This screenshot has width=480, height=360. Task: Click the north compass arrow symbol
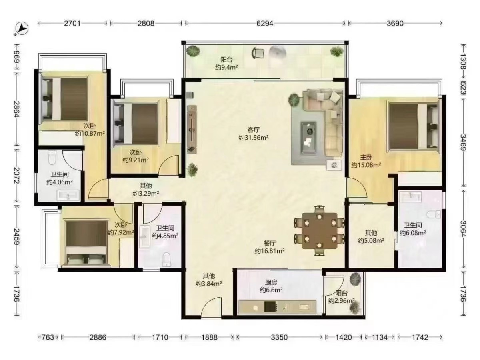tap(22, 29)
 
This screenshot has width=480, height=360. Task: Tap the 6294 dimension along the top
tap(265, 23)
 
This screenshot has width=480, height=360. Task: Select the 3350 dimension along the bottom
tap(279, 337)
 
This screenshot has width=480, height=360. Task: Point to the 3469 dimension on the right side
tap(463, 142)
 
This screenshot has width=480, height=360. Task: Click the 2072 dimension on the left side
tap(17, 175)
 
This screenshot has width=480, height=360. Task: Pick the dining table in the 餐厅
tap(320, 231)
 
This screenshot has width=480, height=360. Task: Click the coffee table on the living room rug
tap(309, 138)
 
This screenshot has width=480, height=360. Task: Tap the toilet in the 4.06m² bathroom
tap(52, 157)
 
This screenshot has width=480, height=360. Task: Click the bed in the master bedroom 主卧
tap(413, 126)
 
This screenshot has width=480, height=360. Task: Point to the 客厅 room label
tap(254, 130)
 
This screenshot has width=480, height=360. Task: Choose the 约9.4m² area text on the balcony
tap(226, 67)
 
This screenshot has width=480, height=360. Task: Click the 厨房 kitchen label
tap(271, 282)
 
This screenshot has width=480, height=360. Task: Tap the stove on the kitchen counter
tap(271, 307)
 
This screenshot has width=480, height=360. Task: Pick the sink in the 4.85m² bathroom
tap(144, 237)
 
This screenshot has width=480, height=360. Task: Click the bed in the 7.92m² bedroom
tap(86, 243)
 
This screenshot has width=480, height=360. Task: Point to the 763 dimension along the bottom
tap(48, 337)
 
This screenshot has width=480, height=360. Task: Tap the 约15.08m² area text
tap(366, 165)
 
